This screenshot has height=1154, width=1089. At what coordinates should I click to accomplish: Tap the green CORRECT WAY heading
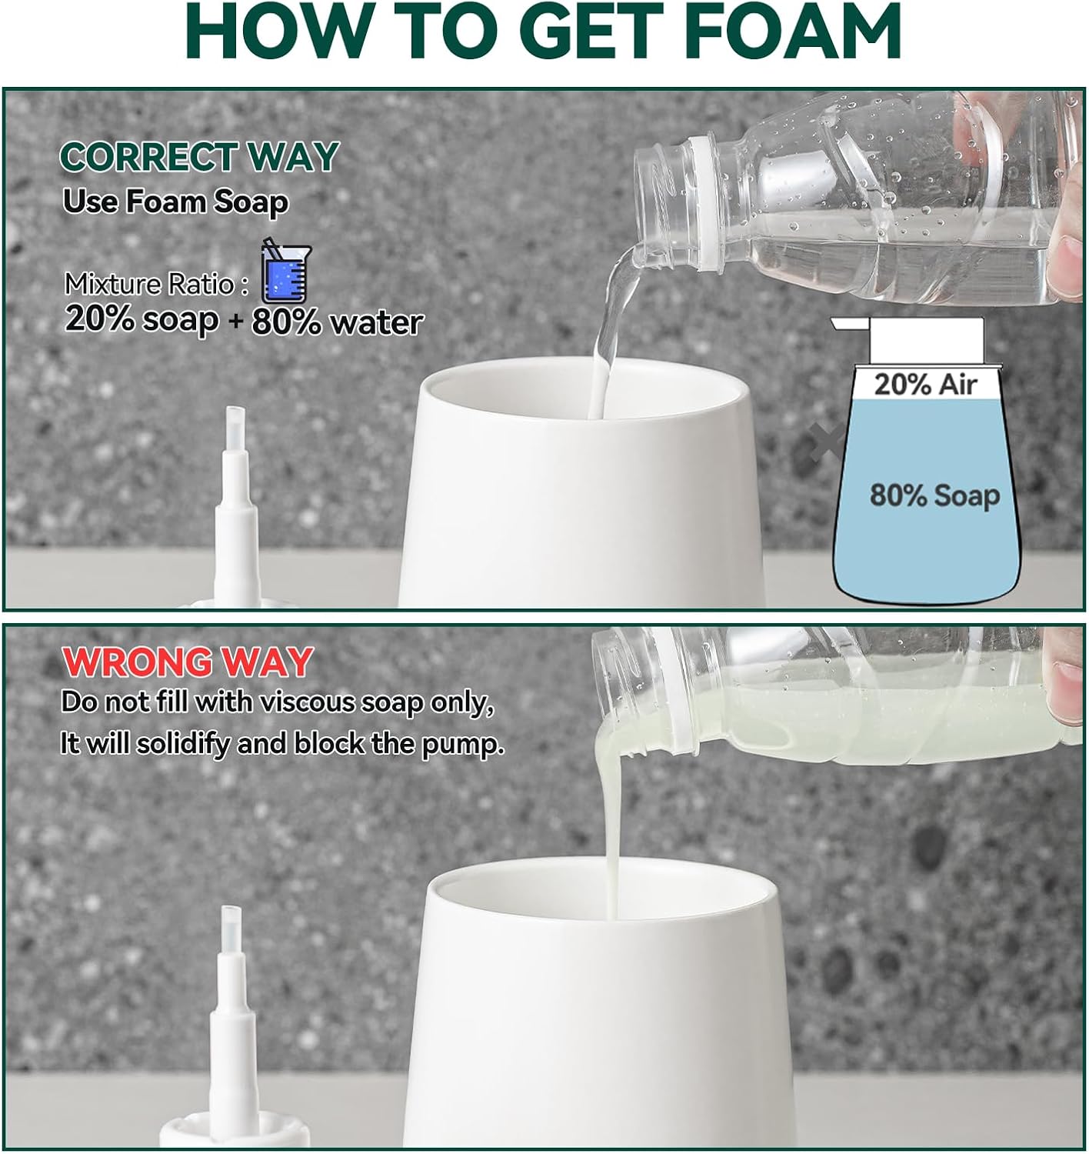tap(199, 157)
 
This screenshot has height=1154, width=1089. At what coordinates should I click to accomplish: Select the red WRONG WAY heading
tap(187, 662)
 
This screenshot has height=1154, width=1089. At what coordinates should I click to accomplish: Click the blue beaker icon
tap(285, 273)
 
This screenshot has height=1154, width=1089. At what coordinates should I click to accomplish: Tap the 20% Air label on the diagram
tap(925, 385)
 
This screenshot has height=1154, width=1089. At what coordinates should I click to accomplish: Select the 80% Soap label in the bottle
tap(934, 495)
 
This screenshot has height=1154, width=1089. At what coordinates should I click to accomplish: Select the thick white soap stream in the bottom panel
tap(611, 831)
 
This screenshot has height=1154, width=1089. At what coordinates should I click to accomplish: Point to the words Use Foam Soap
tap(175, 202)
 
